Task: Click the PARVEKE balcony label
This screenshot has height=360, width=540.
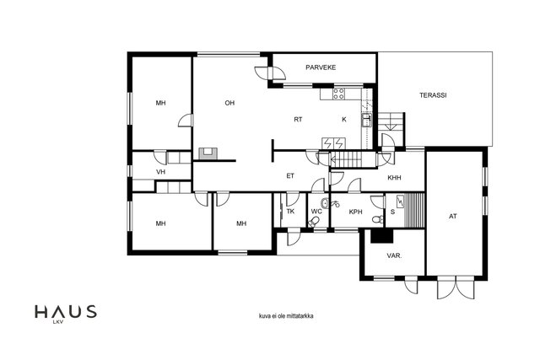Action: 321,67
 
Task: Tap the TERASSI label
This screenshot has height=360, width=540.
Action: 433,95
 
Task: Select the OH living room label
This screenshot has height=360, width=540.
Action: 229,103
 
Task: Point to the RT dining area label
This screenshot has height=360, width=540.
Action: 298,120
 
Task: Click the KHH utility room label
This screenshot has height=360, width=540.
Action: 394,178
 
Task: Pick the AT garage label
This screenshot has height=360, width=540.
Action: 453,217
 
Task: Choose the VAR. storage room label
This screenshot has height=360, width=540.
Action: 394,256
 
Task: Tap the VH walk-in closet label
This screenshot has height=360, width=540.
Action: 161,172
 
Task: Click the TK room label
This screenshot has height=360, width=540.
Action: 290,212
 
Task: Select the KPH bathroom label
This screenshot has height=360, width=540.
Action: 356,212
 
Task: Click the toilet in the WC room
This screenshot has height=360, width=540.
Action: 314,222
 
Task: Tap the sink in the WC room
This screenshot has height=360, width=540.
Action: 324,202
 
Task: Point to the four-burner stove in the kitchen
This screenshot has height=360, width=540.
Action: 338,94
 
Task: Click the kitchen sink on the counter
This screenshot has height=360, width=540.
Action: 366,120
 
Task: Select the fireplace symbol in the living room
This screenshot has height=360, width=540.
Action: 208,153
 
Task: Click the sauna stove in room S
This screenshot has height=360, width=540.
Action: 400,201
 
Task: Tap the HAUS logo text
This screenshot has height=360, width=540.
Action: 66,311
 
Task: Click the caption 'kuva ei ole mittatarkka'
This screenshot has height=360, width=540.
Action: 286,316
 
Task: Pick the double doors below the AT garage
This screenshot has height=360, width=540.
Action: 456,287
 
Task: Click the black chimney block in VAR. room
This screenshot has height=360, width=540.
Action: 382,236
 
